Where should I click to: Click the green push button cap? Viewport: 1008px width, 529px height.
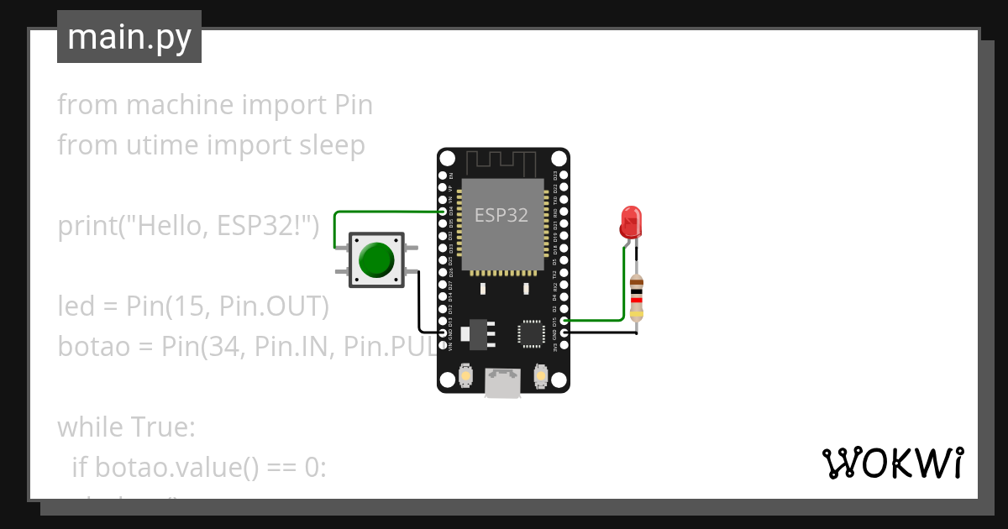pos(375,260)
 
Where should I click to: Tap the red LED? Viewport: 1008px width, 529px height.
pos(631,222)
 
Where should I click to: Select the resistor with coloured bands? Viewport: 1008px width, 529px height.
pos(637,299)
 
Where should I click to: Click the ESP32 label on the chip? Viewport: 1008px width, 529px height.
pos(501,215)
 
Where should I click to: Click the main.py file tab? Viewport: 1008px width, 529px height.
pos(129,37)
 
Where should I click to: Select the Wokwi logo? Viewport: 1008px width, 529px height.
pos(892,464)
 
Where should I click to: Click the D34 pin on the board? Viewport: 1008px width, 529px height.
pos(443,212)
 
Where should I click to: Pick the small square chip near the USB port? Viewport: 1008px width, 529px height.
pos(532,333)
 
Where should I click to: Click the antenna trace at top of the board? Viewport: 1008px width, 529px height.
pos(502,161)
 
